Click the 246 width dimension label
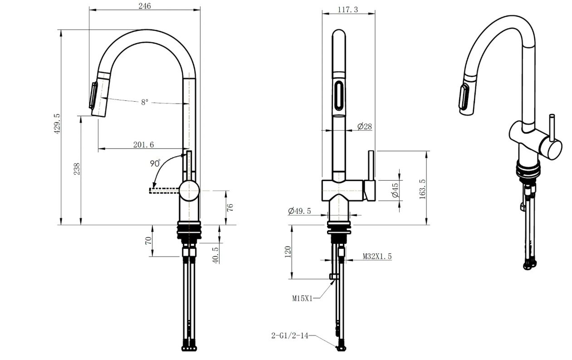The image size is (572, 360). [145, 5]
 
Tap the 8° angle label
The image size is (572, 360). [145, 102]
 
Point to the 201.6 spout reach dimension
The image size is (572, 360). [143, 145]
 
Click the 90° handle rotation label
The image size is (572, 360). [155, 163]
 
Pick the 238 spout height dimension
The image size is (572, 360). [77, 169]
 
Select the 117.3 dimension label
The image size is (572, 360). [348, 10]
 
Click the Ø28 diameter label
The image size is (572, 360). [365, 126]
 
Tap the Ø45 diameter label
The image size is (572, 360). [395, 190]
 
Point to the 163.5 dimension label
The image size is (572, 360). [422, 189]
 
